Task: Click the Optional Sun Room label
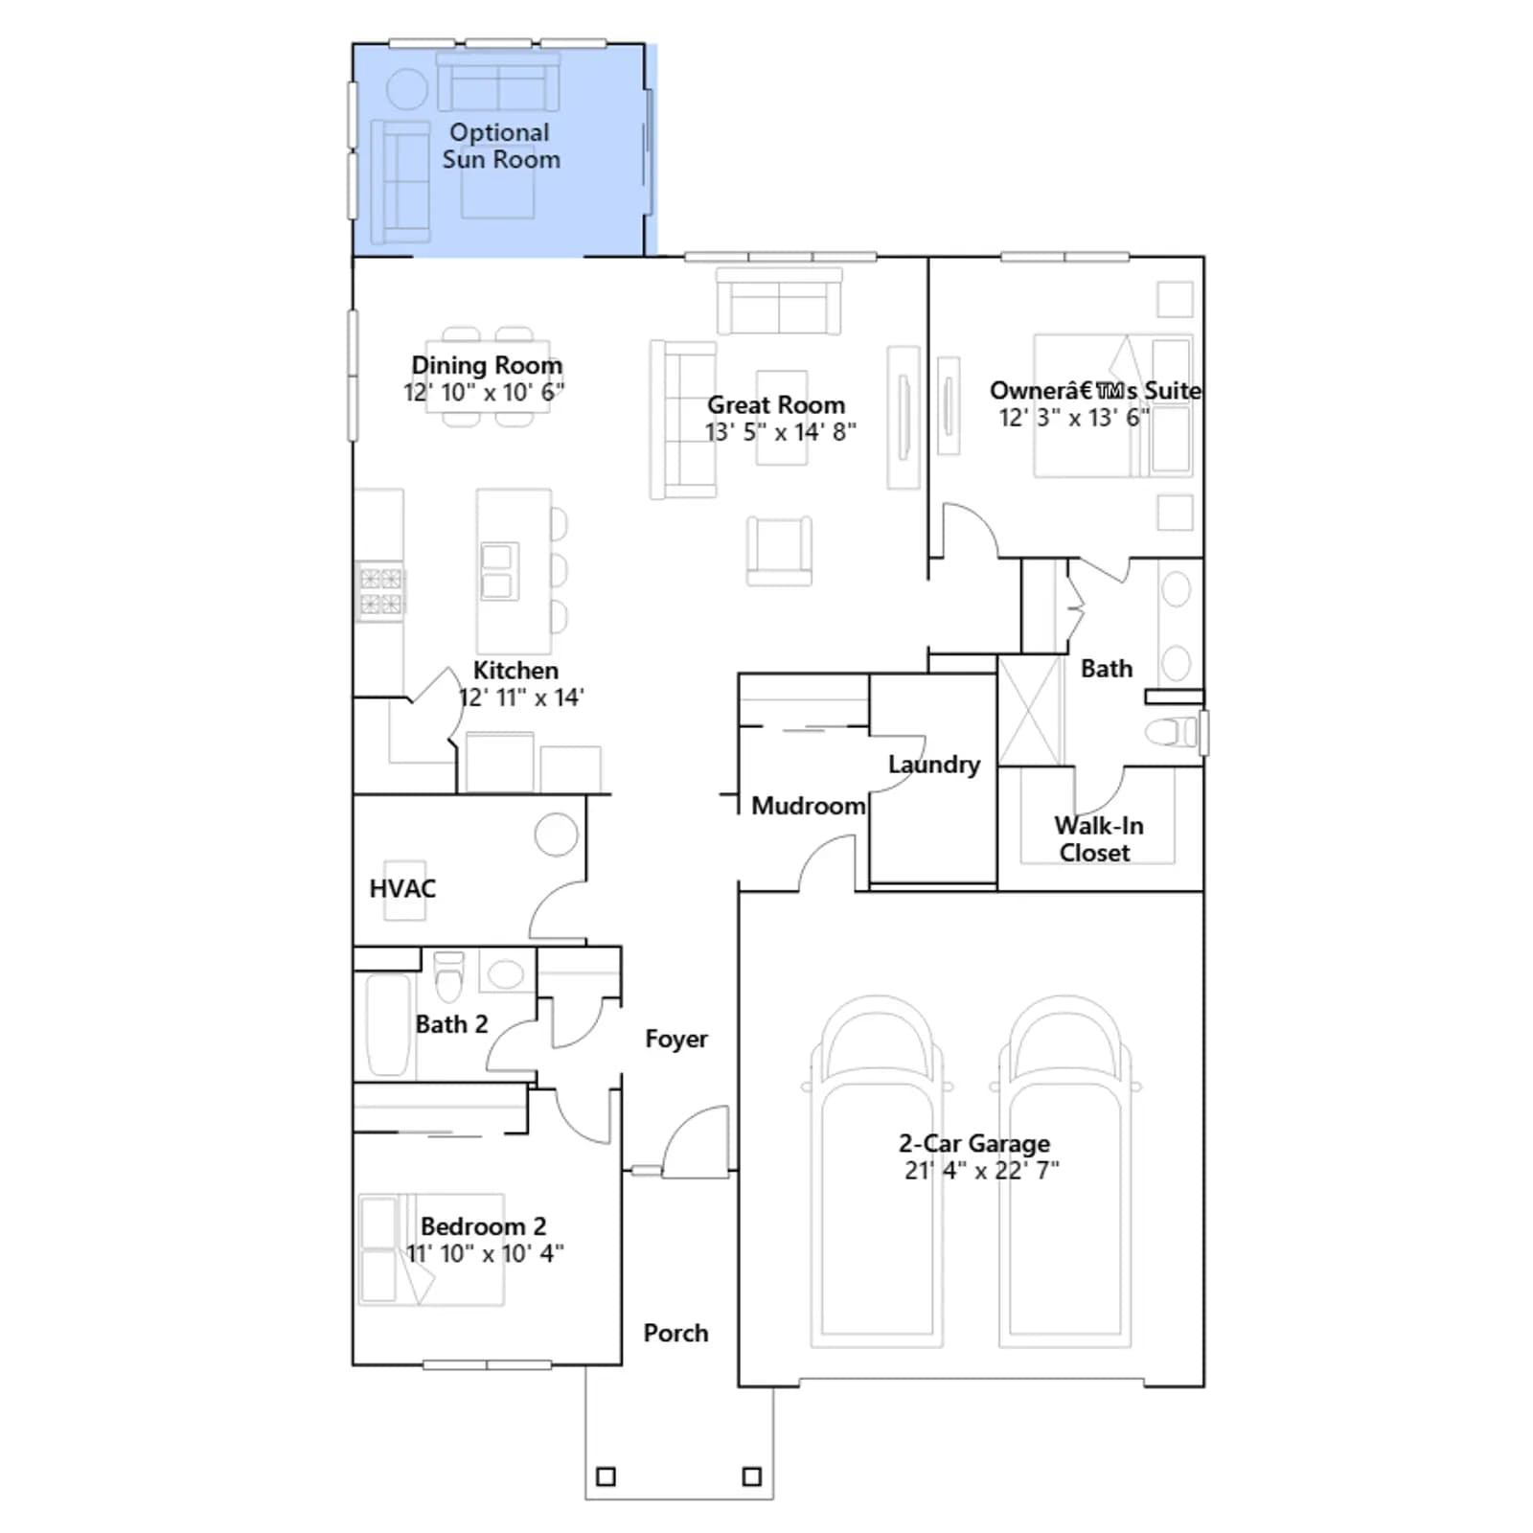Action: click(500, 146)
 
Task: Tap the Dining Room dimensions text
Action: click(484, 392)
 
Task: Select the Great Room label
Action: click(776, 404)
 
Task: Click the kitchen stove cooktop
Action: click(380, 590)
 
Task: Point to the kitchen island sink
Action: click(497, 571)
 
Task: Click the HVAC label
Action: click(402, 888)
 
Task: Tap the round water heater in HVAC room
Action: click(556, 835)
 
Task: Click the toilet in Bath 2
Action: click(448, 974)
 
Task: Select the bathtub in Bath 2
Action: click(388, 1024)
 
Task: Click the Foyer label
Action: click(676, 1039)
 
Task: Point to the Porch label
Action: click(675, 1333)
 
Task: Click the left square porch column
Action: click(606, 1476)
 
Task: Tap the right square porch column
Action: click(752, 1476)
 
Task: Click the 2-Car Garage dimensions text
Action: click(982, 1170)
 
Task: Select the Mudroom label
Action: click(808, 806)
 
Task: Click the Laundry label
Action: click(934, 765)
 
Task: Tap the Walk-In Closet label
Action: click(1098, 839)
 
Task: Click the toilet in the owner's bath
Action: click(1171, 732)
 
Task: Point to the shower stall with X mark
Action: click(1030, 710)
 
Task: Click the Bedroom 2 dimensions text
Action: click(485, 1253)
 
